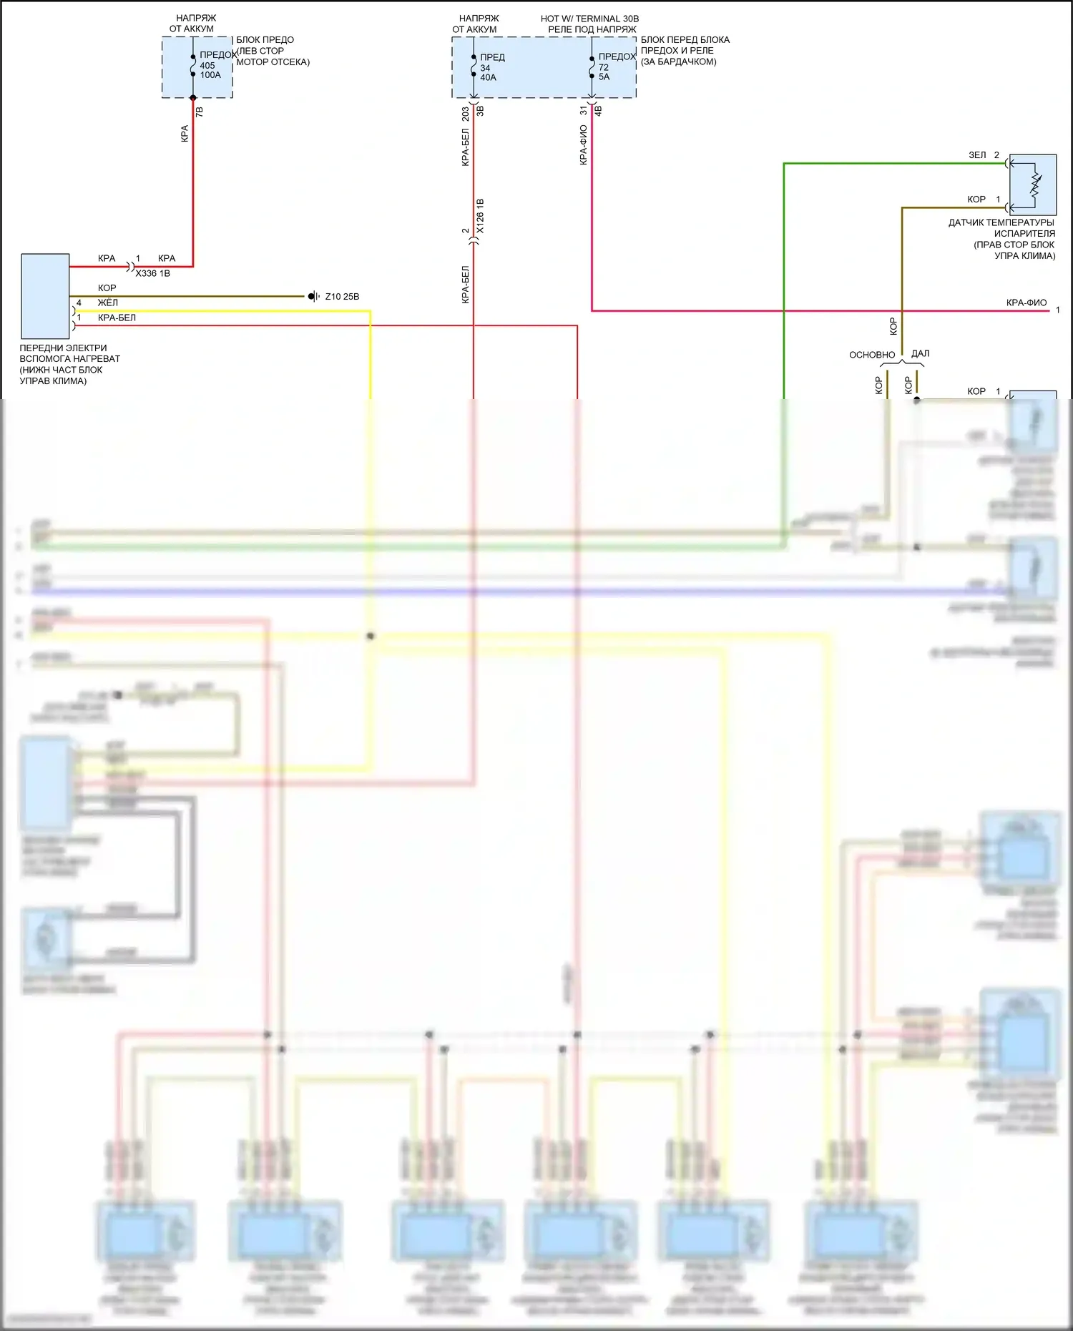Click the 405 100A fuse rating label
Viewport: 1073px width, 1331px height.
[210, 70]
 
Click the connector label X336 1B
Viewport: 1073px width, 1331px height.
[152, 273]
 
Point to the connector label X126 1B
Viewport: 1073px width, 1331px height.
[480, 215]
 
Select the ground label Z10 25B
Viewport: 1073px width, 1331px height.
[342, 297]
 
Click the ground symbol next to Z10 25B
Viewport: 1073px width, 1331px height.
[313, 296]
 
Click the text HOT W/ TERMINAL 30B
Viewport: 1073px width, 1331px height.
[589, 19]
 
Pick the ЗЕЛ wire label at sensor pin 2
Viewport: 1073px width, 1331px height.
[977, 155]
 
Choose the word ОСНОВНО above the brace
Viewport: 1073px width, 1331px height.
[872, 355]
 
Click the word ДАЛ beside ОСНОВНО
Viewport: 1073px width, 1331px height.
[921, 353]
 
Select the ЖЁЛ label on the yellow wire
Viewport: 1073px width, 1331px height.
[108, 303]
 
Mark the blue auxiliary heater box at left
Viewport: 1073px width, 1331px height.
[45, 296]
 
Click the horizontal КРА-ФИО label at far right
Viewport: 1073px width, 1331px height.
[1026, 303]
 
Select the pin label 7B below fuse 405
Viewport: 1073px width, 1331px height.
[200, 112]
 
